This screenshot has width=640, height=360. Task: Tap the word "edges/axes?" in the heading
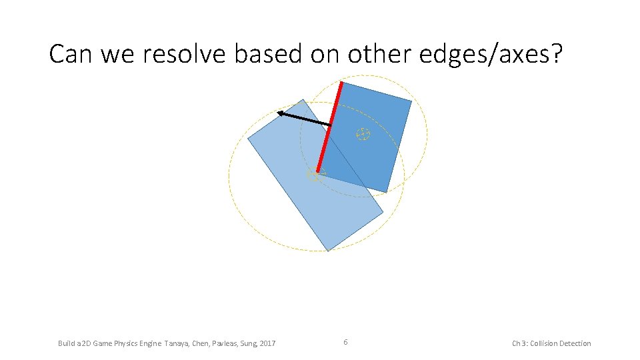[491, 54]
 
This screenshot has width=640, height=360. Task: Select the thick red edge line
[329, 127]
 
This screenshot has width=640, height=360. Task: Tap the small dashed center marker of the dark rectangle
[363, 134]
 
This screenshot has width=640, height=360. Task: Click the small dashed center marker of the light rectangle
[315, 175]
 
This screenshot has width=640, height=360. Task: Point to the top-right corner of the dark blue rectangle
[411, 101]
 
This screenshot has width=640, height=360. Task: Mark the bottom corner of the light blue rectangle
[328, 251]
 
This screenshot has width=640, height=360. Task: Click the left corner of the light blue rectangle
[248, 139]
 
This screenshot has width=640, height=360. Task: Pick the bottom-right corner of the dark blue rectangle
[387, 192]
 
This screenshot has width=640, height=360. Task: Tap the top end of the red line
[341, 83]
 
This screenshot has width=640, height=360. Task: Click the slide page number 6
[345, 342]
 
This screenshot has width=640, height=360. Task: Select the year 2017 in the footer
[267, 343]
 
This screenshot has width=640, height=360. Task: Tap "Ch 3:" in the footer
[519, 343]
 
